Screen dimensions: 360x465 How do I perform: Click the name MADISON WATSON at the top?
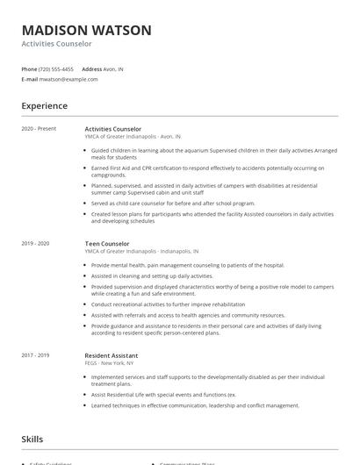click(87, 30)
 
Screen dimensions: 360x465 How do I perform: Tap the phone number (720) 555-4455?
click(57, 68)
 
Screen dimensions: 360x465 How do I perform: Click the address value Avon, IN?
click(114, 68)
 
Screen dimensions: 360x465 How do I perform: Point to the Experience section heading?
click(45, 106)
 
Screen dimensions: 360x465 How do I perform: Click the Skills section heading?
click(32, 438)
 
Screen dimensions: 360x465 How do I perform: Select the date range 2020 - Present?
click(39, 129)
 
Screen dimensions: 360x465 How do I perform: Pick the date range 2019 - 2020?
click(36, 243)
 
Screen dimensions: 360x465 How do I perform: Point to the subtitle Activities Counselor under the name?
click(56, 44)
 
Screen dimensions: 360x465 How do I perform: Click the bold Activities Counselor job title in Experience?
click(113, 129)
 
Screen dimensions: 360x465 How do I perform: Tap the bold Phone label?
click(29, 68)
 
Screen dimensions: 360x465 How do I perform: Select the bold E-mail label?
click(30, 79)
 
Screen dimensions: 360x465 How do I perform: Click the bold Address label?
click(92, 68)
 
